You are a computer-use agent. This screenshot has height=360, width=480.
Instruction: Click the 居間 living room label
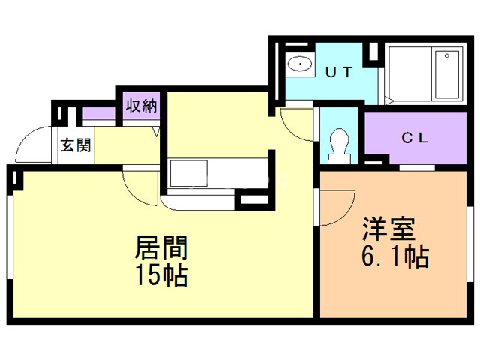160,247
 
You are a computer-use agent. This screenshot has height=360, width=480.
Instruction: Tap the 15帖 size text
160,275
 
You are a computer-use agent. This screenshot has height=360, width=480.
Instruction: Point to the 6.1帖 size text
394,257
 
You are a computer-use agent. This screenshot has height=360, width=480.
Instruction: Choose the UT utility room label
340,73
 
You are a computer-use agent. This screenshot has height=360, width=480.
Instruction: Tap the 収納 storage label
140,106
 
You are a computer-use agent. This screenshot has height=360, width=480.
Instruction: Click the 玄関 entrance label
75,145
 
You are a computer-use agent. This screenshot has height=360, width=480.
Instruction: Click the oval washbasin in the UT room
301,64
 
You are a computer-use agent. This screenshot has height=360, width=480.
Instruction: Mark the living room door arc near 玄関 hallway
141,186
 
